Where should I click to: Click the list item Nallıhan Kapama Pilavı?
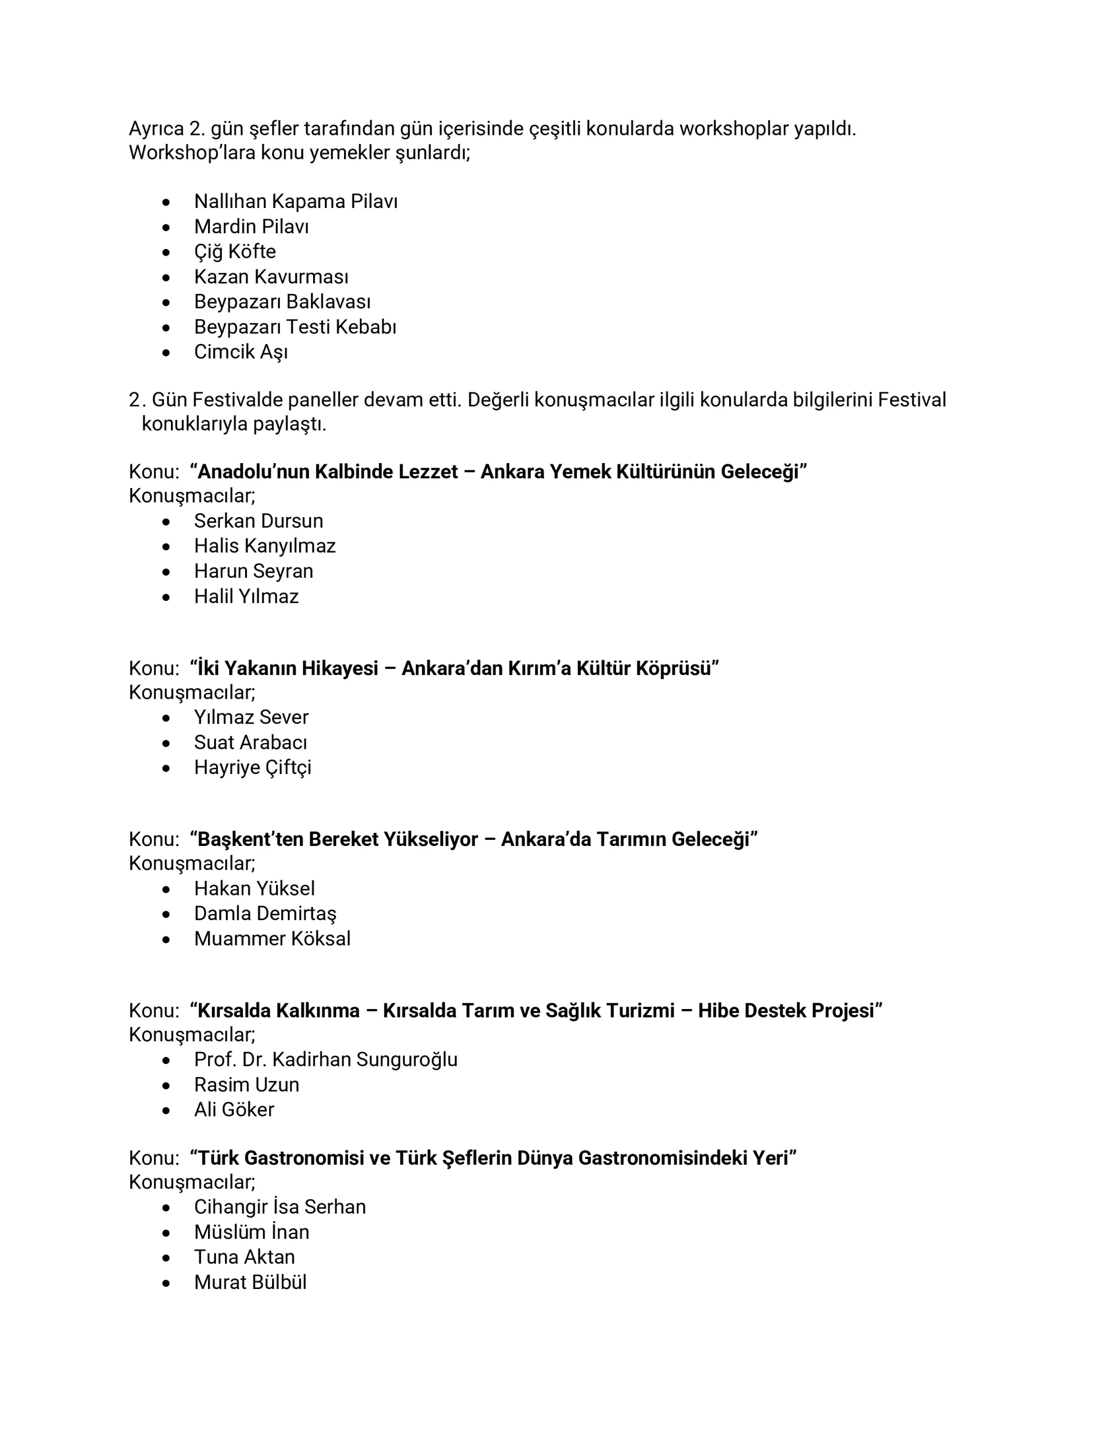tap(295, 202)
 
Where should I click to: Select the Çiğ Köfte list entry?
tap(234, 252)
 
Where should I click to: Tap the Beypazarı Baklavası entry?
tap(282, 302)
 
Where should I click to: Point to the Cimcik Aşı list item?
tap(241, 352)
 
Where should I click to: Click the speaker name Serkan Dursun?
tap(259, 521)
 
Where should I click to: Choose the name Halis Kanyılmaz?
tap(264, 546)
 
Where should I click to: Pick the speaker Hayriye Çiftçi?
tap(252, 768)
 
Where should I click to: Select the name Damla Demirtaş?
tap(265, 914)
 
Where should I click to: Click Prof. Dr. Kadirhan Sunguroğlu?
tap(326, 1060)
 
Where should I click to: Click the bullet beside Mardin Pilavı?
tap(166, 227)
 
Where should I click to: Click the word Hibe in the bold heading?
tap(718, 1011)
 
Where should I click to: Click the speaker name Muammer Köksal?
tap(272, 939)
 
